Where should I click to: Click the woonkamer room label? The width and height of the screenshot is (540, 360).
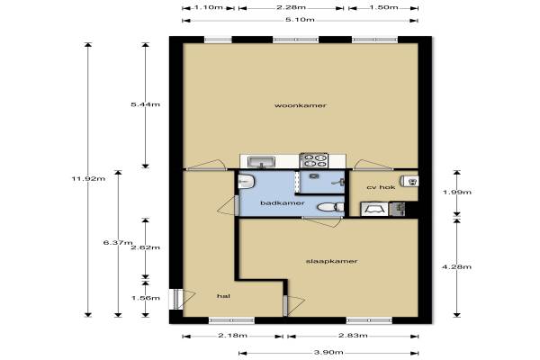pyautogui.click(x=301, y=105)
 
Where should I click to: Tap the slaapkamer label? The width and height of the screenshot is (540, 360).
pyautogui.click(x=331, y=261)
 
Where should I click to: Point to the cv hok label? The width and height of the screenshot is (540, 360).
pyautogui.click(x=381, y=187)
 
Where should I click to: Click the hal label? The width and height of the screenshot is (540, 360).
pyautogui.click(x=223, y=296)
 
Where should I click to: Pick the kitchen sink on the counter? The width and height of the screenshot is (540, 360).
pyautogui.click(x=262, y=161)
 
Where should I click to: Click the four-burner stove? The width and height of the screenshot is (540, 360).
pyautogui.click(x=314, y=160)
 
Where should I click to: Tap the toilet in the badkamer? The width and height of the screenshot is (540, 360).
pyautogui.click(x=330, y=207)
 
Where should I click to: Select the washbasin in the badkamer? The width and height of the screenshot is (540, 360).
pyautogui.click(x=246, y=181)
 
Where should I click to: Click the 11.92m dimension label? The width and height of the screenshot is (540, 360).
pyautogui.click(x=88, y=178)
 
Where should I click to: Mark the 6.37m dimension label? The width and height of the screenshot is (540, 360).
pyautogui.click(x=118, y=242)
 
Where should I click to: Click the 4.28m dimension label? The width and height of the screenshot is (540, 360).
pyautogui.click(x=457, y=266)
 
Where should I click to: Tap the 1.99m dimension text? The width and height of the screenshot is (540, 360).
pyautogui.click(x=457, y=192)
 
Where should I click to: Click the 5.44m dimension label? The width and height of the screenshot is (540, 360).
pyautogui.click(x=145, y=104)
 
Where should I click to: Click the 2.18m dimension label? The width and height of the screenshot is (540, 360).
pyautogui.click(x=232, y=335)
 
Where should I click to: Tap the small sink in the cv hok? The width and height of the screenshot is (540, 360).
pyautogui.click(x=409, y=181)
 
